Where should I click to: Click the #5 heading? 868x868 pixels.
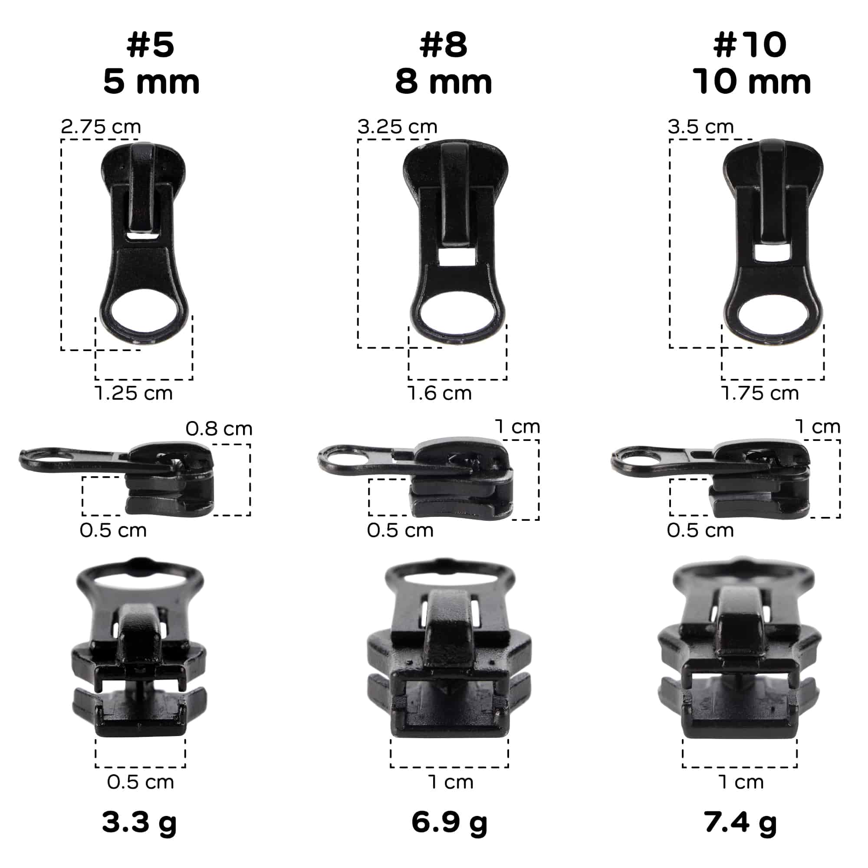click(151, 46)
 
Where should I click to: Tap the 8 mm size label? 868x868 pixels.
click(444, 82)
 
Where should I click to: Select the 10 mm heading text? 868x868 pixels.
click(752, 82)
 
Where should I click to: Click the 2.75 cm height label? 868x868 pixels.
click(101, 127)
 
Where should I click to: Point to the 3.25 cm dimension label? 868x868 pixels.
click(397, 127)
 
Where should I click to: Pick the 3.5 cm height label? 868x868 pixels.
click(700, 127)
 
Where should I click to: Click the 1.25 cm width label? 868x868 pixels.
click(133, 394)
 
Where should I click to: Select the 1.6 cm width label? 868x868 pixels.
click(439, 394)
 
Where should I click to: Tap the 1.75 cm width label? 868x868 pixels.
click(760, 394)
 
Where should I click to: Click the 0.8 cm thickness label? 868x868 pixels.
click(219, 429)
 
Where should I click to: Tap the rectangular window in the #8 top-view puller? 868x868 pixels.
click(457, 257)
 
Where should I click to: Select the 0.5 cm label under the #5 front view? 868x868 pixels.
click(140, 782)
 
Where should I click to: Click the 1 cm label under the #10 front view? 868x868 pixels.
click(741, 782)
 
